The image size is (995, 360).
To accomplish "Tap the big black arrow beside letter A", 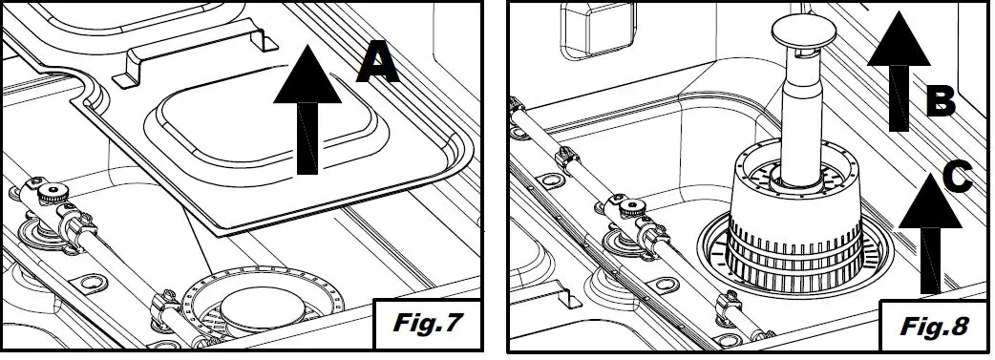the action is [307, 109].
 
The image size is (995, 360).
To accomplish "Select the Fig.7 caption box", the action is [426, 323].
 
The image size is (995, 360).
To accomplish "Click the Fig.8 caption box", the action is [934, 326].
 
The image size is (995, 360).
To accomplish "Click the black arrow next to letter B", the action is [898, 71].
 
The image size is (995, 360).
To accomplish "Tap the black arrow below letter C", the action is [930, 233].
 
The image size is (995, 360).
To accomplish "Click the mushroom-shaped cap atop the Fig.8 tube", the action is [802, 32].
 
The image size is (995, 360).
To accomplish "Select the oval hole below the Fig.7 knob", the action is [90, 282].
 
